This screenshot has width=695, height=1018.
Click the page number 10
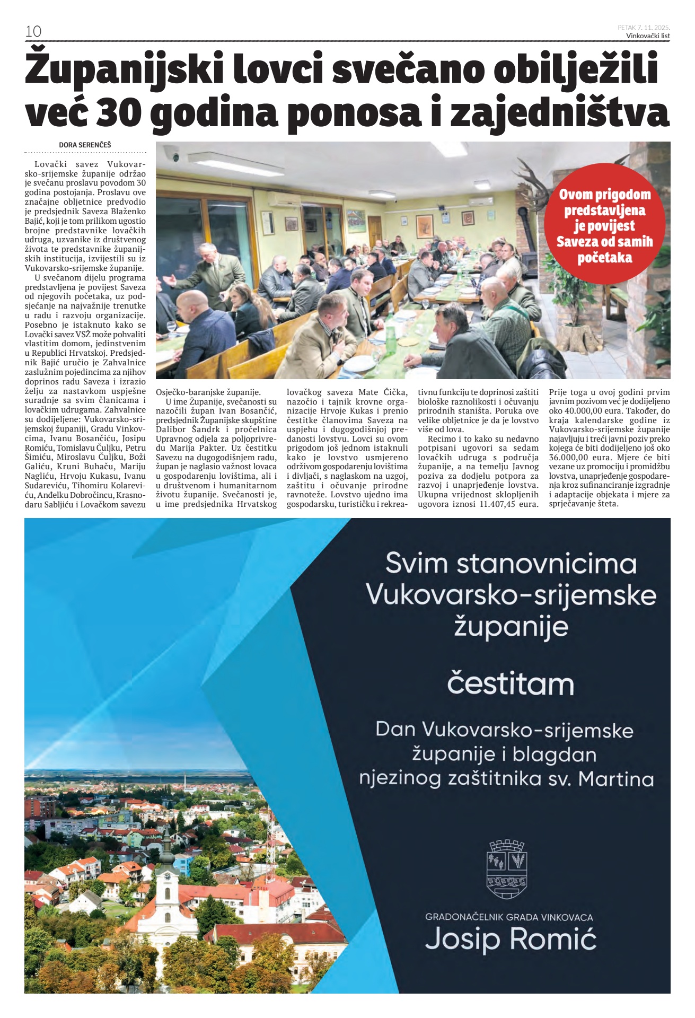coord(33,31)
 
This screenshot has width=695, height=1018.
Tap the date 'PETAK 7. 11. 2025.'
coord(644,27)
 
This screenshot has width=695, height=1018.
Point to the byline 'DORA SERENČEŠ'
coord(85,145)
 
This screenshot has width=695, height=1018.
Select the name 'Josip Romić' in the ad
coord(511,939)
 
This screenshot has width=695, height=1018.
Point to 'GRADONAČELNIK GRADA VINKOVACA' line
coord(509,917)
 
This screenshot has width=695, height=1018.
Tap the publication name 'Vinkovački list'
coord(648,36)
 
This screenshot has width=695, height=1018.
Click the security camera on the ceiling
coord(172,154)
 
